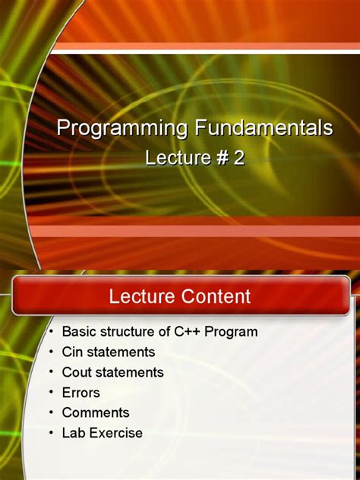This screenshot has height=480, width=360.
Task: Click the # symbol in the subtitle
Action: click(x=220, y=157)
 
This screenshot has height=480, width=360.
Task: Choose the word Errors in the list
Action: click(x=81, y=393)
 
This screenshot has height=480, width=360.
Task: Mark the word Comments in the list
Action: click(x=96, y=413)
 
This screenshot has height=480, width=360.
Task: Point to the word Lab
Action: click(x=74, y=434)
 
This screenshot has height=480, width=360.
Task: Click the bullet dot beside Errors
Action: click(x=50, y=393)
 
